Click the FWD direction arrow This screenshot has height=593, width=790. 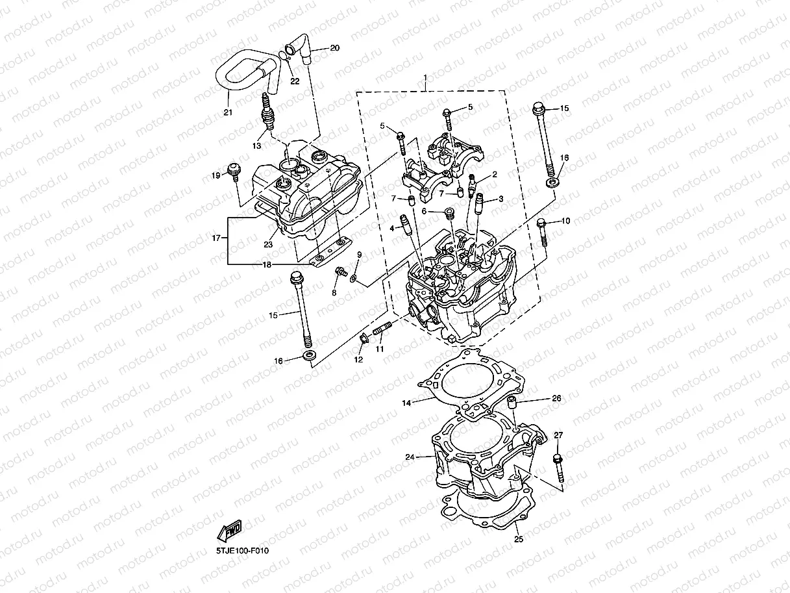point(230,532)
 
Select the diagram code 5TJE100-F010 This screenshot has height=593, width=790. point(242,551)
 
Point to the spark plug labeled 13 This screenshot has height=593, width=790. point(265,112)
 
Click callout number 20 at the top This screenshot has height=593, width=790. point(334,48)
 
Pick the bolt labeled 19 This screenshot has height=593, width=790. point(232,173)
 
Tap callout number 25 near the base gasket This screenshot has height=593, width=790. point(518,538)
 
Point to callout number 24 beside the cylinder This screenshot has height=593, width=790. point(410,457)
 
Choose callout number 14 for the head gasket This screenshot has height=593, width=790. point(406,403)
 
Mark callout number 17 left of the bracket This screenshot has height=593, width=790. point(216,239)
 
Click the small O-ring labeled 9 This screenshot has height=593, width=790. point(352,278)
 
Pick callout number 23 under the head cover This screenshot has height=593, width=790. point(268,245)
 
